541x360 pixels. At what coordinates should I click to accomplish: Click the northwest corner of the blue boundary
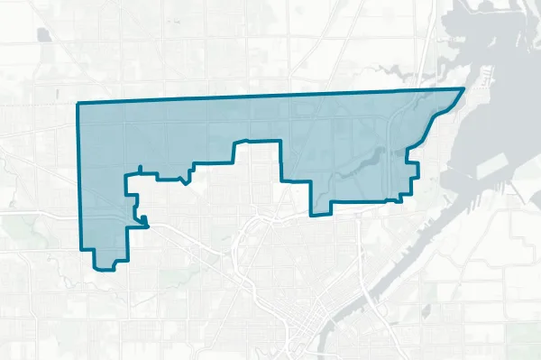[79, 105]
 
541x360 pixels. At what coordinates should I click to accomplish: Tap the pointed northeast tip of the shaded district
[463, 88]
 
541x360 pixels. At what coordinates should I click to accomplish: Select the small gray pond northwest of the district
[43, 35]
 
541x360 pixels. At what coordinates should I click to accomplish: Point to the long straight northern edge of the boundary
[270, 97]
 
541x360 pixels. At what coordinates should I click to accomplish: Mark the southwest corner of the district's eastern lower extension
[312, 215]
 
